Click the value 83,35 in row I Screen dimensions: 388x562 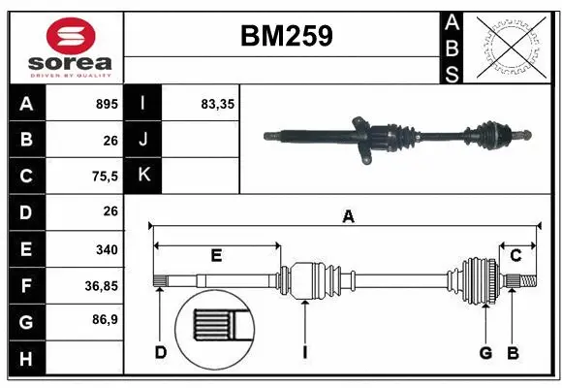219,103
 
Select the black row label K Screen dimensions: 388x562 143,176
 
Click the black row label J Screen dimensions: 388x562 143,140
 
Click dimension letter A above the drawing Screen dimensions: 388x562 347,218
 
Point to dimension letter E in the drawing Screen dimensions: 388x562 216,256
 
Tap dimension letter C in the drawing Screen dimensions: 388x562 516,256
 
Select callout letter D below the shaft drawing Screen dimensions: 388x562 161,352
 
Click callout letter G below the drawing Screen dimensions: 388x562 485,352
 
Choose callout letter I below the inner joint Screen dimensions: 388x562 304,352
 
